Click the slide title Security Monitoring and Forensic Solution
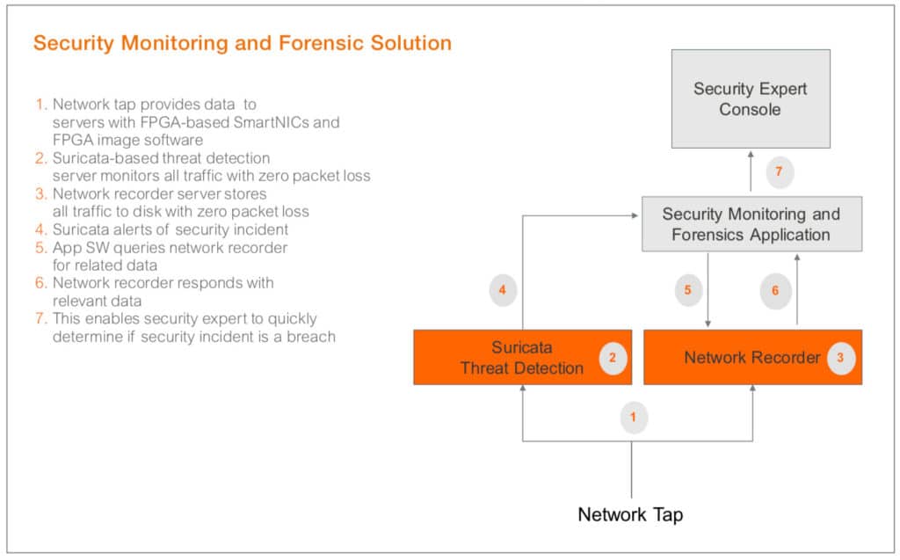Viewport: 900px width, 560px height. pos(243,43)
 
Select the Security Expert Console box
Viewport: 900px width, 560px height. pos(750,98)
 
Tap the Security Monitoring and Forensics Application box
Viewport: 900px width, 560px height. pos(750,224)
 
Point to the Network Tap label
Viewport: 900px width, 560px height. pos(629,514)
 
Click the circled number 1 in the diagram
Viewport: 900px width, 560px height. pos(633,418)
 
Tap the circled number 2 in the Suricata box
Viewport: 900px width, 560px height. pos(613,358)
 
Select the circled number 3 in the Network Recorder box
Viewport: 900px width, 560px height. pos(840,358)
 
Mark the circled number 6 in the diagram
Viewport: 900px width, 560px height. pos(775,290)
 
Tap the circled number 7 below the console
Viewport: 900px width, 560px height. pos(779,171)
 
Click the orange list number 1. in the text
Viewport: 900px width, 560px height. pos(40,105)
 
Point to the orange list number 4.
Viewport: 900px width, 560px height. pos(40,229)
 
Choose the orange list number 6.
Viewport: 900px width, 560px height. pos(40,283)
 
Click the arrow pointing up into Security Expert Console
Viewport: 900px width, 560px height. pos(750,163)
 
